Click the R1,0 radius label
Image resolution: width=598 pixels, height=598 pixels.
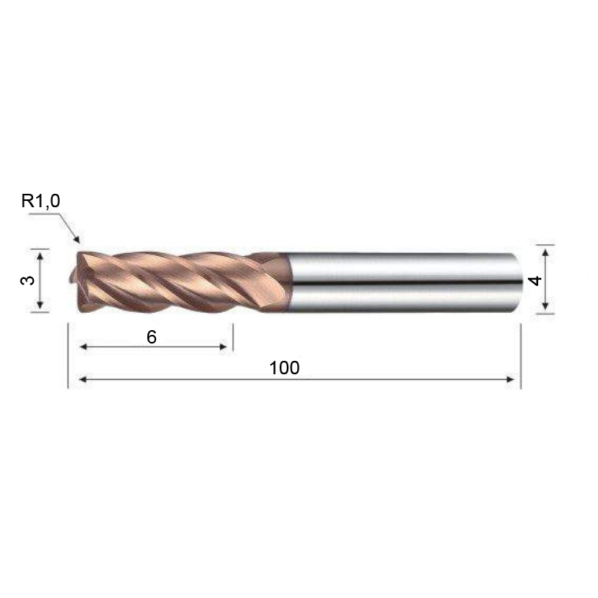click(40, 201)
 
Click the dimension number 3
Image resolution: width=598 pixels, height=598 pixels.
click(28, 280)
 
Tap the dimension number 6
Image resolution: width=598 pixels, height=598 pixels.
click(151, 337)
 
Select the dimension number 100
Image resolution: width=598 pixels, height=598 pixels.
click(284, 368)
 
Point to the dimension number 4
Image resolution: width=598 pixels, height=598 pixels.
click(536, 280)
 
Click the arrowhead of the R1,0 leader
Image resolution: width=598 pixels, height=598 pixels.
click(76, 239)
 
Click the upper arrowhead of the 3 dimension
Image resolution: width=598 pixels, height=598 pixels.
click(40, 254)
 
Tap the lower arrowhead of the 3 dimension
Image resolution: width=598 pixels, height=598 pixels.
click(40, 305)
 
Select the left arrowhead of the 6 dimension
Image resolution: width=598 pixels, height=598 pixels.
click(84, 347)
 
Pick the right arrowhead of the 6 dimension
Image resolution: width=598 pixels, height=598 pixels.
click(223, 347)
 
